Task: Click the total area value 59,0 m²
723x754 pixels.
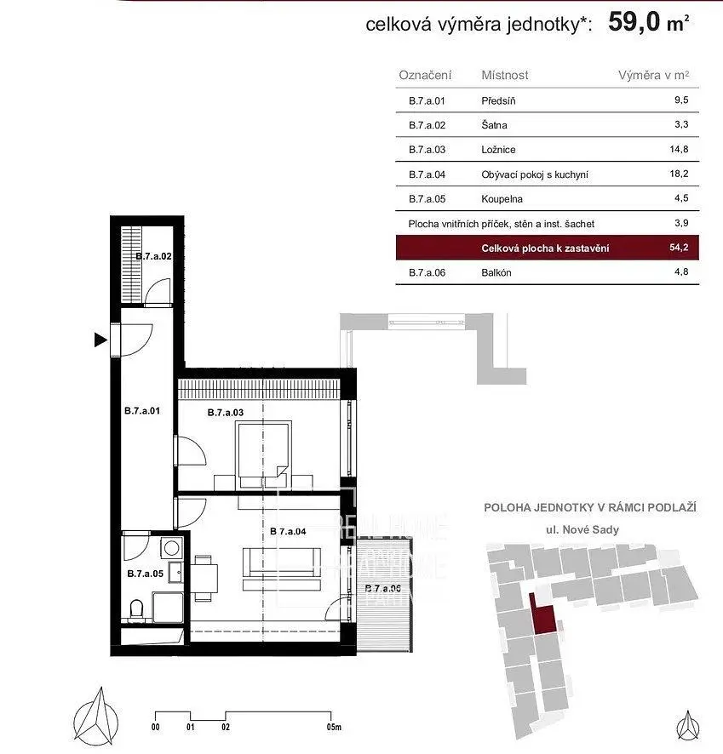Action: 647,23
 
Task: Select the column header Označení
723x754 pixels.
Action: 425,75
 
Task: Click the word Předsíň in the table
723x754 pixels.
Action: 498,101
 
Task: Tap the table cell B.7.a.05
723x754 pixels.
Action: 427,199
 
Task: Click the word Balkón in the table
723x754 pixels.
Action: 496,273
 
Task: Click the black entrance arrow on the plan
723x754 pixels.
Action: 101,340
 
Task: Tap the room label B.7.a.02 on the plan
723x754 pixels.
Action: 154,255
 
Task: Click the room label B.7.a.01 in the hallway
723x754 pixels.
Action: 142,410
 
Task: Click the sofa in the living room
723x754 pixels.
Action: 282,568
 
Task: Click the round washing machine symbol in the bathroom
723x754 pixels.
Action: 173,547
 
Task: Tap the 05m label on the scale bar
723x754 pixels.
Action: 333,728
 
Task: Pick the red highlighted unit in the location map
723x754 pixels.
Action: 540,613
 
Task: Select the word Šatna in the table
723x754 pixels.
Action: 494,125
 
